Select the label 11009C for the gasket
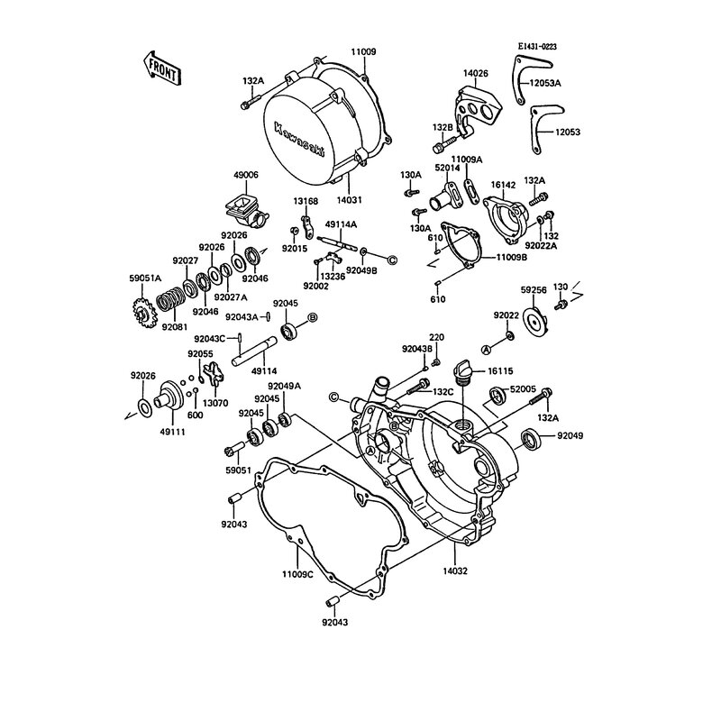click(297, 573)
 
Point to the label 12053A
click(569, 83)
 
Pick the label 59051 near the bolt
click(239, 470)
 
